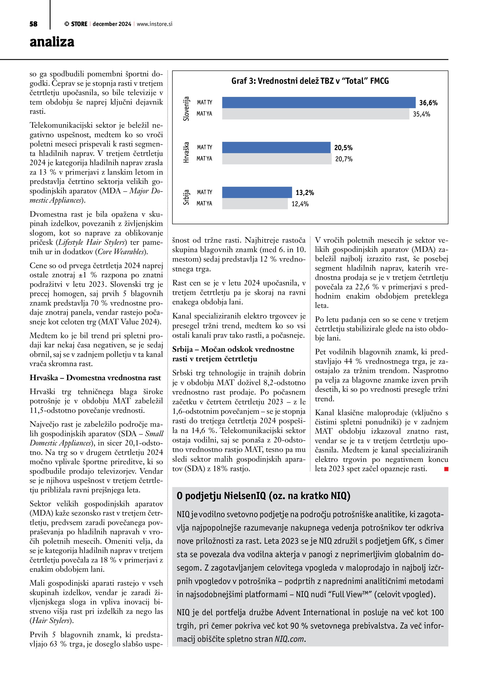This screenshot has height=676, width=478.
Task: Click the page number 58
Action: (34, 24)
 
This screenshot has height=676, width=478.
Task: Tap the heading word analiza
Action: (52, 42)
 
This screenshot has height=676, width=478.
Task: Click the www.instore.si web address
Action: (154, 24)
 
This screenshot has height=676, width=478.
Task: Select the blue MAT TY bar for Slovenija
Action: (318, 102)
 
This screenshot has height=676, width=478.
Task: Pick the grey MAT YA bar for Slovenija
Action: (315, 114)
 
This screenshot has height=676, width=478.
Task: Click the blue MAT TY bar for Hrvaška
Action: (276, 148)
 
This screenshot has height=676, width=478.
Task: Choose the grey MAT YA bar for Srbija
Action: (255, 204)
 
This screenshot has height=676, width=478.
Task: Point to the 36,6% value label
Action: (428, 103)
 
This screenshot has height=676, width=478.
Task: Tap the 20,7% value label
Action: (344, 159)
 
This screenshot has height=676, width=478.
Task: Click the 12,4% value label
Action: (300, 204)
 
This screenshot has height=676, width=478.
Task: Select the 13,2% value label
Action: (305, 193)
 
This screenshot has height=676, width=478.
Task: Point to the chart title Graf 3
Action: (310, 81)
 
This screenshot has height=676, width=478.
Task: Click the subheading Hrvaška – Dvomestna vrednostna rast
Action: (95, 378)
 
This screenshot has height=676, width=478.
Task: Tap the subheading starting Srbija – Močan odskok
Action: (233, 354)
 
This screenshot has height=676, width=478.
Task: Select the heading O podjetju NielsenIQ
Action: (263, 496)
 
